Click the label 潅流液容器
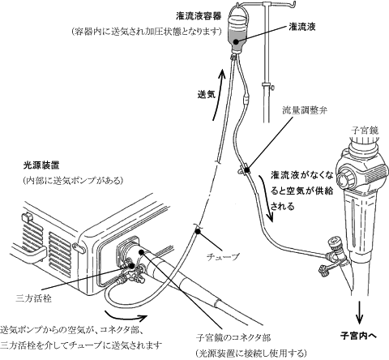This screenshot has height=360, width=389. point(199,16)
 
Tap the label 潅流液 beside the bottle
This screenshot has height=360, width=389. point(302,27)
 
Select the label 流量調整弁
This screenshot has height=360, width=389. point(305,110)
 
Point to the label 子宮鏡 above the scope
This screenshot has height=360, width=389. point(365,131)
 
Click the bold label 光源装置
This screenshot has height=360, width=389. point(41,165)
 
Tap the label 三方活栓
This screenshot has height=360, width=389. point(33,298)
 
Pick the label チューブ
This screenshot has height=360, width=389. point(223,256)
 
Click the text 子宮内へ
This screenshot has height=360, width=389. point(358,336)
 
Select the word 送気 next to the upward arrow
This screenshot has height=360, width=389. point(207,94)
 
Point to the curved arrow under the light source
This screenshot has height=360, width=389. point(126,315)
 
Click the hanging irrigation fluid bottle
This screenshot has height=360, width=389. point(237,32)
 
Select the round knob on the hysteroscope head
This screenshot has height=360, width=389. point(344,178)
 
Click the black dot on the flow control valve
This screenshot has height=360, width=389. point(246,170)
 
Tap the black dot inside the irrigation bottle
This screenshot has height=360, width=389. point(236,42)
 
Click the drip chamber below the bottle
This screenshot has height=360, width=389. point(246,99)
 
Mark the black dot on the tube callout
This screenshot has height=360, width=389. point(199,231)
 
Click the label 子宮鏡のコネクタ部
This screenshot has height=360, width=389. point(233,337)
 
